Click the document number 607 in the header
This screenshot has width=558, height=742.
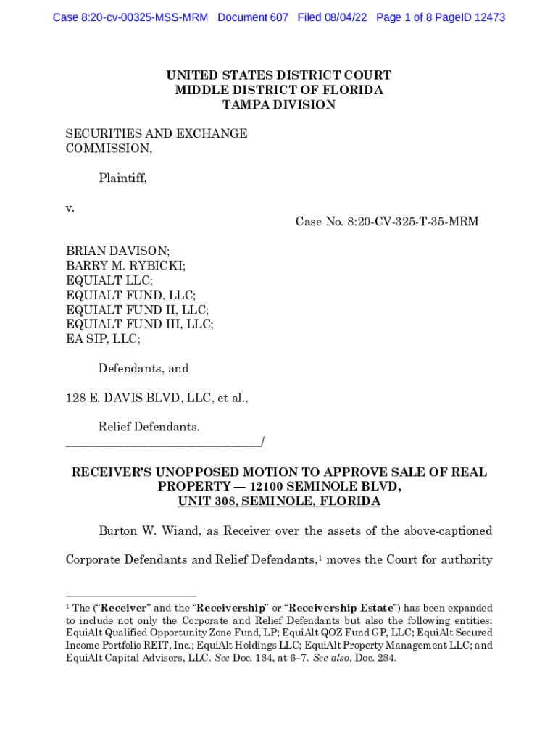click(x=278, y=17)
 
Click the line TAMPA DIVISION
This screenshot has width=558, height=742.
click(x=279, y=104)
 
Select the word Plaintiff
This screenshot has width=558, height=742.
click(x=122, y=178)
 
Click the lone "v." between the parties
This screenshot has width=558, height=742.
click(x=70, y=207)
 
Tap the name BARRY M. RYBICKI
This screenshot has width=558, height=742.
click(x=125, y=265)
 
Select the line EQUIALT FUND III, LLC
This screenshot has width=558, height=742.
click(x=140, y=324)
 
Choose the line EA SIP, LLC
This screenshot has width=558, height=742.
click(x=103, y=338)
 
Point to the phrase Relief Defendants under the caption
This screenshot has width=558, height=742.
click(x=149, y=428)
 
